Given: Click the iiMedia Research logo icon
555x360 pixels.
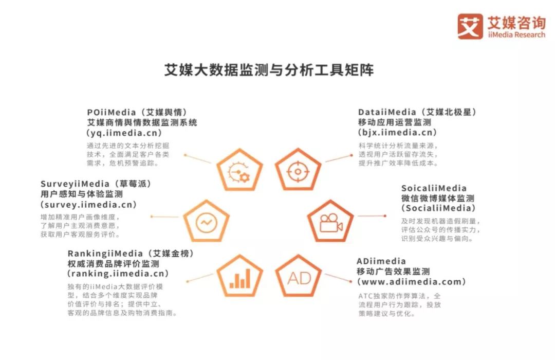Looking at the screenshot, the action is pos(470,26).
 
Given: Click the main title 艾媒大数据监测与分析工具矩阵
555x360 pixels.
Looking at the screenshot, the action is pos(269,70).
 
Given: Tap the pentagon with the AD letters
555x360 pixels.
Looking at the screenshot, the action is pos(299,276).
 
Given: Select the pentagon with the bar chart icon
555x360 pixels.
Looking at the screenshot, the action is pos(239,276).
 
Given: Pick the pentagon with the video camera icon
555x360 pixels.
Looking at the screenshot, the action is pos(330,222).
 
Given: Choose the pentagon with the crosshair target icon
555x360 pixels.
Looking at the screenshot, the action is pos(298,170).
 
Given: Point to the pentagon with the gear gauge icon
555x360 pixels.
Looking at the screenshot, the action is pos(239,170).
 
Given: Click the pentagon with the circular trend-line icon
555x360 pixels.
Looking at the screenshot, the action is pos(207,222).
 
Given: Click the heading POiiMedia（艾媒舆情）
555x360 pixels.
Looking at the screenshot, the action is pos(137,112).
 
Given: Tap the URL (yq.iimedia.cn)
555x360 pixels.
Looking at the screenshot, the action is pos(124,133).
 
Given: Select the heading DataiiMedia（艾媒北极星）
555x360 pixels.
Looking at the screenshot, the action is pos(418,112).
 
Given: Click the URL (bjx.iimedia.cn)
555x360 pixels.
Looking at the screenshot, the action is pos(397,133).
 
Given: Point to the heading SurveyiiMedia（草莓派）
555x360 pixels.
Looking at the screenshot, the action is pos(96,184).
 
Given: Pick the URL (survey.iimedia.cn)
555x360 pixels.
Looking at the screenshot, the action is pos(88,205).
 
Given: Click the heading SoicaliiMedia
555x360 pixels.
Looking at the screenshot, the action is pos(434,188).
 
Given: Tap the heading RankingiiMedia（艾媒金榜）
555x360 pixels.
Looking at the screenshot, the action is pos(131,254).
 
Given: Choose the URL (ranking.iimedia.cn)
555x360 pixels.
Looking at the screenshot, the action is pos(118,274).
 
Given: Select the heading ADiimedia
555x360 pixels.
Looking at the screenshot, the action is pos(381,261).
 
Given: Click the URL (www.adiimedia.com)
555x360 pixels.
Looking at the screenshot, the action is pos(411,282).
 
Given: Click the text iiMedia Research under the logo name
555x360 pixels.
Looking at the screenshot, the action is pos(516,35).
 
